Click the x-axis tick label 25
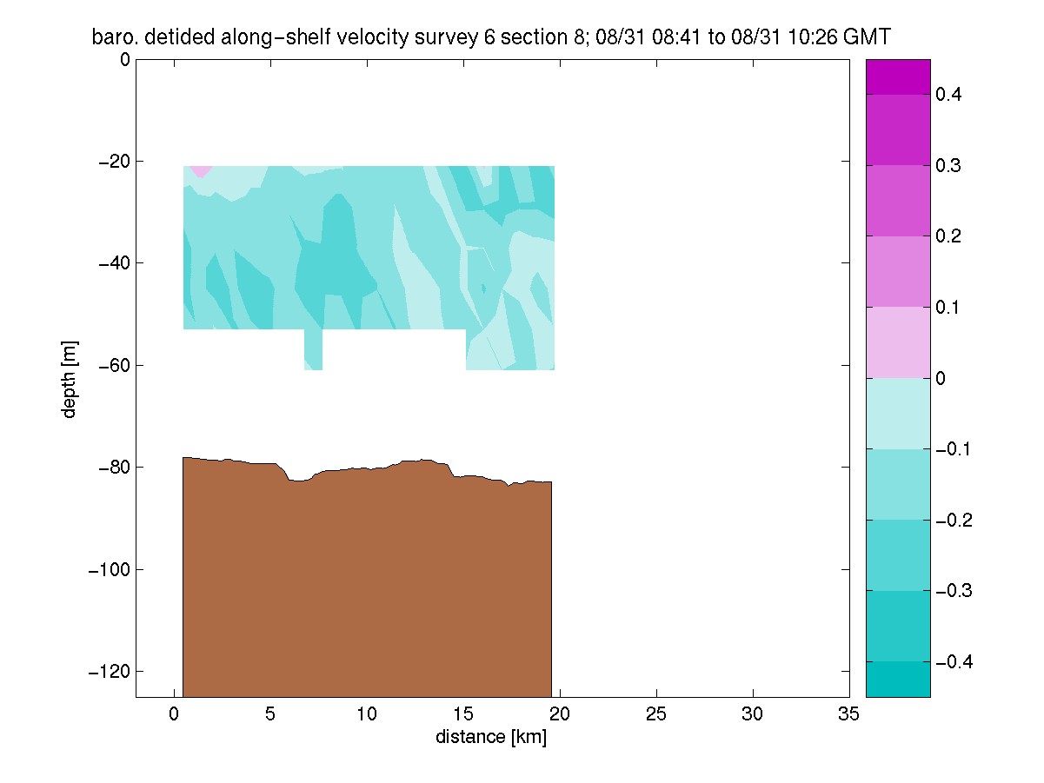point(656,714)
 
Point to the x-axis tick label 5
point(270,714)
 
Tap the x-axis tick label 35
point(848,714)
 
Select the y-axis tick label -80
point(114,468)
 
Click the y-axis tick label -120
point(109,671)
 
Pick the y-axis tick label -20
point(114,162)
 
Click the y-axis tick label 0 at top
point(125,59)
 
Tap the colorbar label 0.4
point(948,95)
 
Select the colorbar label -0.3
point(954,590)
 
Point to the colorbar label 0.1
point(948,308)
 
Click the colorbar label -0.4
point(954,661)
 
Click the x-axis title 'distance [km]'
point(491,737)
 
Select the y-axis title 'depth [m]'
point(69,380)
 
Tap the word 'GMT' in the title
point(867,37)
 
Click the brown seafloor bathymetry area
point(367,580)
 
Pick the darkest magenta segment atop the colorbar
point(898,77)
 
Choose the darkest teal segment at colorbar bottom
point(898,679)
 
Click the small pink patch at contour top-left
point(200,170)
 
